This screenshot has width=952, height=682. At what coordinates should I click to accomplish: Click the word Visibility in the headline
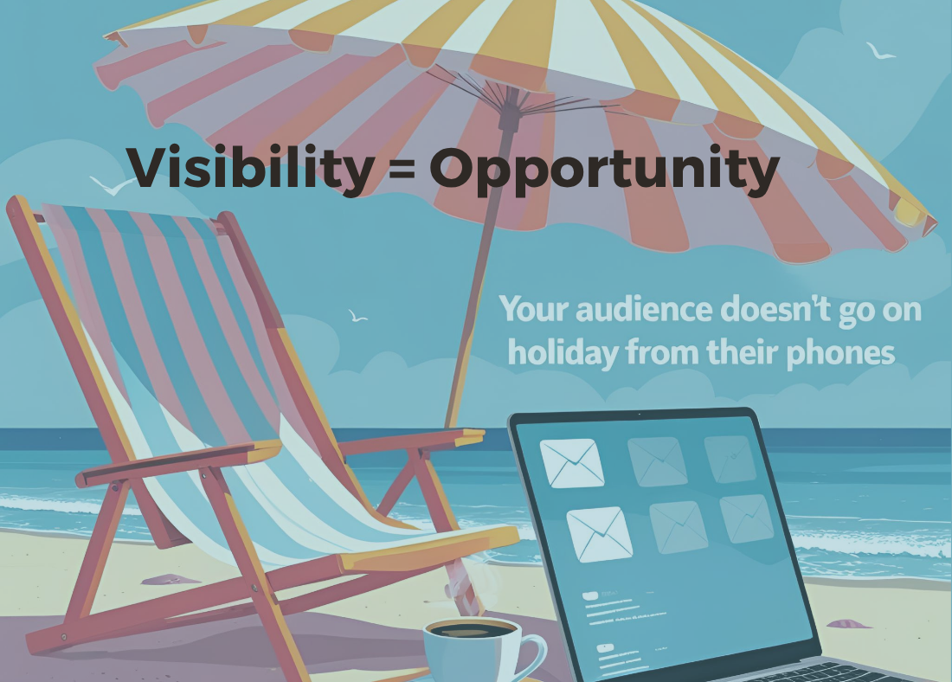250,168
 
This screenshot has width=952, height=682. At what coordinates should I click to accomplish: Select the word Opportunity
605,170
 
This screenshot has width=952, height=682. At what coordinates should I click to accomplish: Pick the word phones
840,353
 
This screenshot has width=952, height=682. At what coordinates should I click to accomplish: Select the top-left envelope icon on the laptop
572,463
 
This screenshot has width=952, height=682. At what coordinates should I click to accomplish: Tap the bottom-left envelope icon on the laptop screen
599,534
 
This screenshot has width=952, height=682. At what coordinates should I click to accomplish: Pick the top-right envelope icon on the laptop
730,459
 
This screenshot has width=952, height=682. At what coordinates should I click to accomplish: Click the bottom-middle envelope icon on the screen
679,527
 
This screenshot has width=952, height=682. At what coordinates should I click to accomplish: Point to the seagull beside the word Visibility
112,186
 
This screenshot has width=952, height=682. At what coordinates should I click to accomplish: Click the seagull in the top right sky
880,51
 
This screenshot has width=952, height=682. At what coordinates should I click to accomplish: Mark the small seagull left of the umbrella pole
357,316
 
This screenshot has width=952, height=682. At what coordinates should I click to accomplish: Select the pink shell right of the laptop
849,624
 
